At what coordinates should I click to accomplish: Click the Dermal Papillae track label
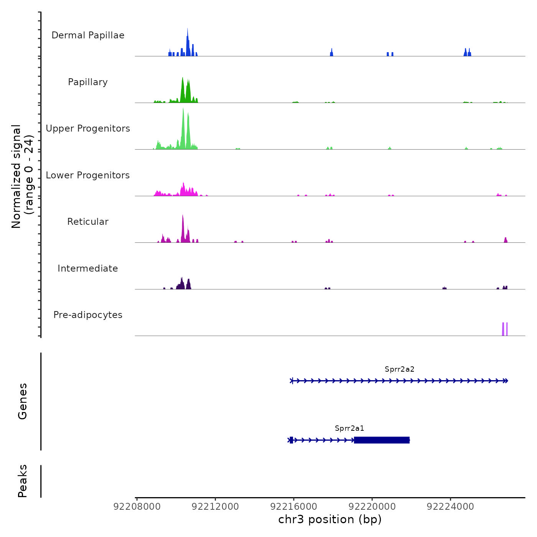coord(88,35)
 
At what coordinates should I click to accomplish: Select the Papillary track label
coord(88,82)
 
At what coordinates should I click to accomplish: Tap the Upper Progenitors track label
coord(88,128)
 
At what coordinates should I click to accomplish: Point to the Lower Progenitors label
coord(88,175)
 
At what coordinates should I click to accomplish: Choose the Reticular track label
coord(88,222)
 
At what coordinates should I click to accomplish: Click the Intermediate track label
coord(88,268)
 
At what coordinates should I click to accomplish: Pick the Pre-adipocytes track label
coord(88,315)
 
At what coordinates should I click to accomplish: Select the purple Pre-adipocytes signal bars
coord(505,329)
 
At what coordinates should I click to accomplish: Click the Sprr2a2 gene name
coord(399,369)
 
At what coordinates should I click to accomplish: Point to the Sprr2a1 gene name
coord(349,428)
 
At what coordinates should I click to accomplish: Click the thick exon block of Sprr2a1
coord(382,440)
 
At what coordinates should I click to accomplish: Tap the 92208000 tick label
coord(137,507)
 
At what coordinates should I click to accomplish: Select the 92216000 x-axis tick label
coord(294,507)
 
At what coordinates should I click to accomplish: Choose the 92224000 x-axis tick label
coord(450,507)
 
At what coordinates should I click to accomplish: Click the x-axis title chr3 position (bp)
coord(330,519)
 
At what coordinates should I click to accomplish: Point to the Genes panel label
coord(23,401)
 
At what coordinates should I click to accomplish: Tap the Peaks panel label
coord(23,481)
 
